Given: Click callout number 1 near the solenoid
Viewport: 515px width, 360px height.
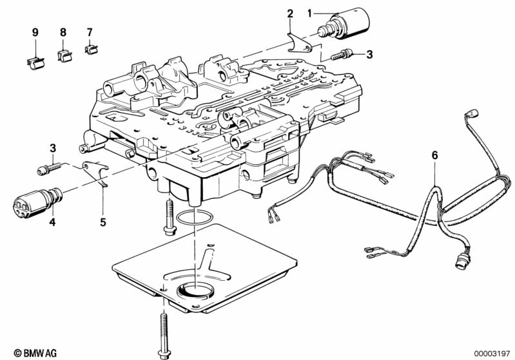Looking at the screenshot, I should tap(309, 12).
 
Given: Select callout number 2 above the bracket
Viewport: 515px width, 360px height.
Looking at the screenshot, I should tap(290, 14).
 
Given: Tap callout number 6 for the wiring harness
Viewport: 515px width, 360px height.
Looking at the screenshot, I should tap(434, 155).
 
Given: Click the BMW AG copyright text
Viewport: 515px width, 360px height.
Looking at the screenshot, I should tap(24, 353).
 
